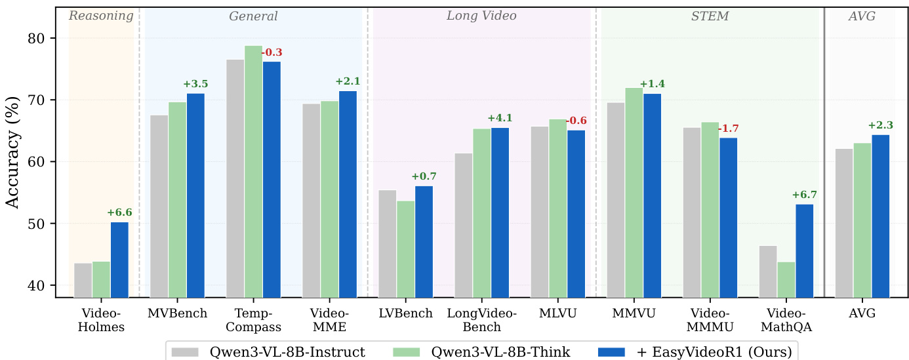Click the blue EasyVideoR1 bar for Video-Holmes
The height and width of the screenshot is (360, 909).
(119, 260)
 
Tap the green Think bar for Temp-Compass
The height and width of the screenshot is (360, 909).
(253, 171)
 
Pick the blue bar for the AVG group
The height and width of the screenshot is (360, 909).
(880, 216)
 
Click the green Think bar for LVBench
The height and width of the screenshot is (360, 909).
(405, 249)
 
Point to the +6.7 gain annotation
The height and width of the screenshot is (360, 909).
(805, 195)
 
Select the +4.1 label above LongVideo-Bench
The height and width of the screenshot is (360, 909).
(500, 118)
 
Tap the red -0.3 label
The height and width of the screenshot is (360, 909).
(272, 52)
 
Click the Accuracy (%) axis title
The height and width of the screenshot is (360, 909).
(12, 151)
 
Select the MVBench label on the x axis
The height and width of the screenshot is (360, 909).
(177, 313)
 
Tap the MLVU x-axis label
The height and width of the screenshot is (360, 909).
(557, 313)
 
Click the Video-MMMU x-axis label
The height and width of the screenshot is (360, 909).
(710, 320)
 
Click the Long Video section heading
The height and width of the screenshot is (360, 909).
(481, 16)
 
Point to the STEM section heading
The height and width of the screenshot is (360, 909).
(710, 16)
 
